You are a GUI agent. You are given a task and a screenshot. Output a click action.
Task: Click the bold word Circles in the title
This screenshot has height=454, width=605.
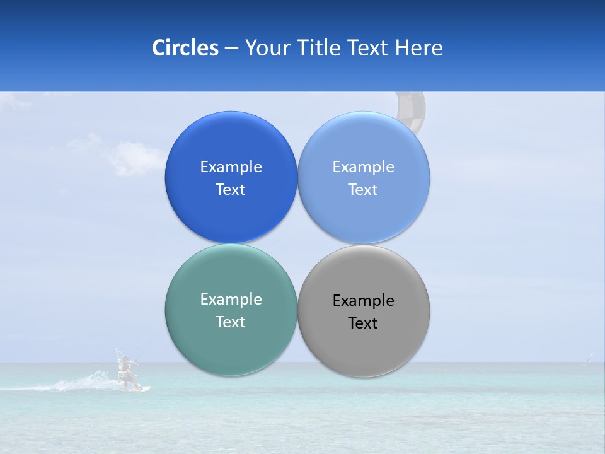point(185,48)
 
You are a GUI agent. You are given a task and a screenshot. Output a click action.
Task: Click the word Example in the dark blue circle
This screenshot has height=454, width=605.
point(231,166)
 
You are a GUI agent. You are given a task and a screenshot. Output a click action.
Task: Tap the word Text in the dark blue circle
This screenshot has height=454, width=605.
point(231,189)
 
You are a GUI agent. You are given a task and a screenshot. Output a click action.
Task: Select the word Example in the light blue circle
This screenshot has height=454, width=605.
point(363,166)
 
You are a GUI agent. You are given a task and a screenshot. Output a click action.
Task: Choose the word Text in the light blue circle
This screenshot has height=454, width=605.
point(363,189)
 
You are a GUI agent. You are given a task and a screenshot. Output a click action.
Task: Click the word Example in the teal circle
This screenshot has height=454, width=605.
point(231,299)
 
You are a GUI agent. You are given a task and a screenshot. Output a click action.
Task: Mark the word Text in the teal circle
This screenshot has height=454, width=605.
point(231,322)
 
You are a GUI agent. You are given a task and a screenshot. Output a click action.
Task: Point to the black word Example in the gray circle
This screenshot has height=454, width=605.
point(363,300)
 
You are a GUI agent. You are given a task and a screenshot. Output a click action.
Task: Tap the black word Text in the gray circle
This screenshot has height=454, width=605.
point(363,323)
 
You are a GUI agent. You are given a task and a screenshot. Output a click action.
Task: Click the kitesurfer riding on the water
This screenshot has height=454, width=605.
point(128,372)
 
